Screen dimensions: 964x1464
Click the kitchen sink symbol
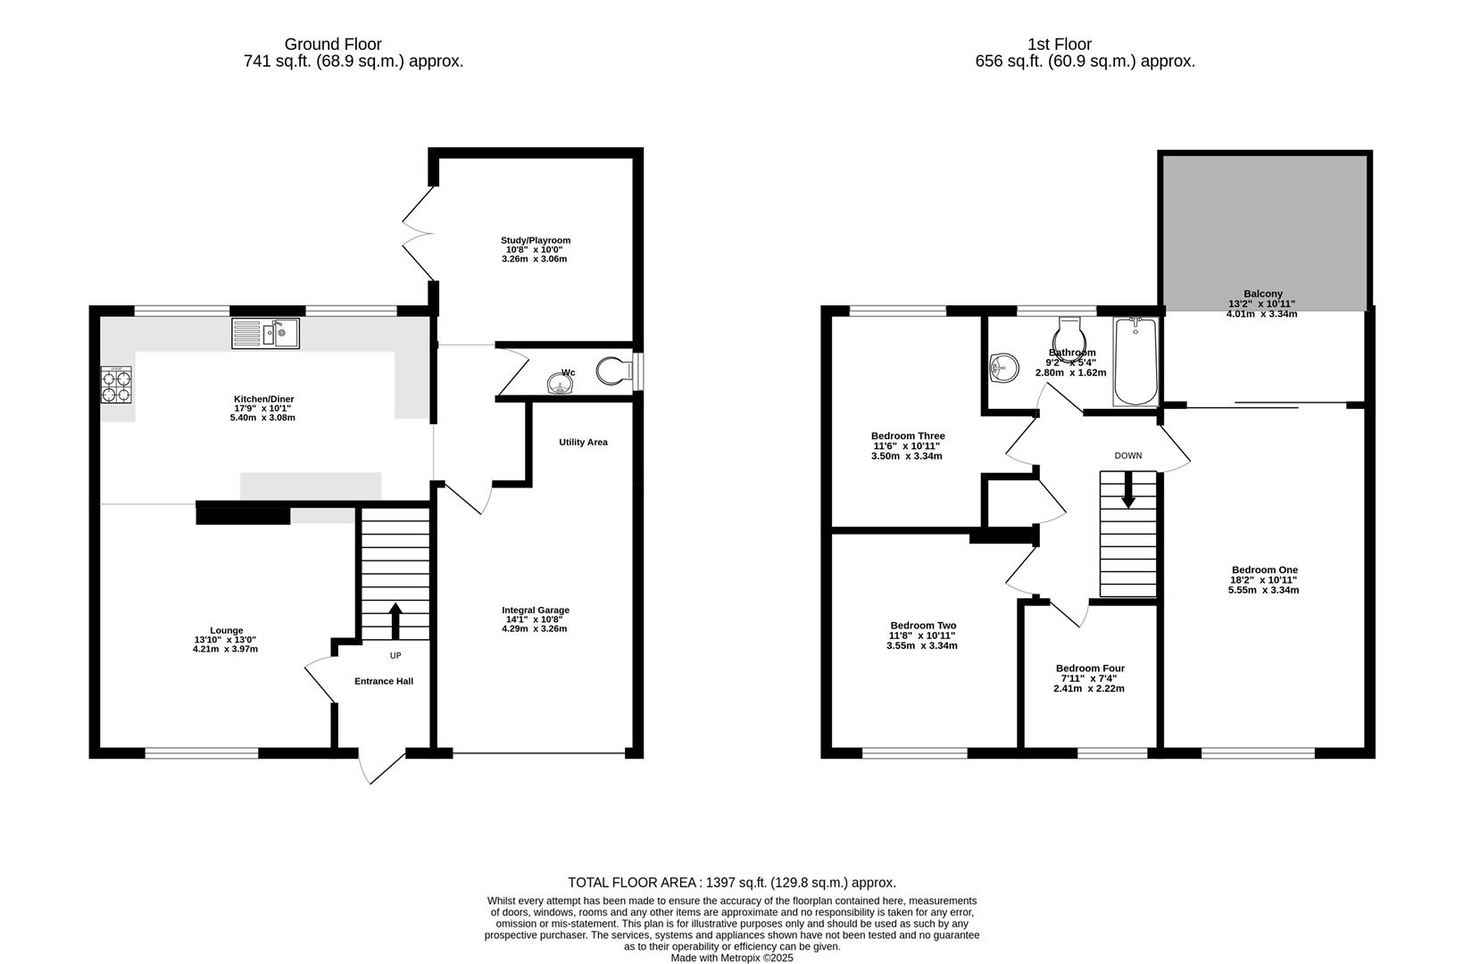[266, 333]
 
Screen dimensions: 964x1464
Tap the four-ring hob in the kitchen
[116, 385]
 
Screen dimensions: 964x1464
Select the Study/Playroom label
[535, 240]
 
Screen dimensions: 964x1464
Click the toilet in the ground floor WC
[613, 370]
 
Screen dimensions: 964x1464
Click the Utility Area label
[583, 442]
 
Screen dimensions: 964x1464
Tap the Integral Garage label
[535, 611]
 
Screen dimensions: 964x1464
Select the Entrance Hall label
[384, 681]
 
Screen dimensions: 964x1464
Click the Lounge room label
[226, 630]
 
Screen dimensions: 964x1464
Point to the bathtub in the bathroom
[1135, 361]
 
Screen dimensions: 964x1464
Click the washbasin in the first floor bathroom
[1005, 367]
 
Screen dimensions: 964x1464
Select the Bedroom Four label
[1090, 669]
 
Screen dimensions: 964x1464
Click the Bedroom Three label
[908, 436]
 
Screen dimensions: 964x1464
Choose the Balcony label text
[1262, 294]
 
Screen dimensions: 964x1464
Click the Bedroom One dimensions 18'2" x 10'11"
[1264, 580]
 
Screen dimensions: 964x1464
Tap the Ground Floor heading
[333, 44]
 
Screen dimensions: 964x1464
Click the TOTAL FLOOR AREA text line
[731, 883]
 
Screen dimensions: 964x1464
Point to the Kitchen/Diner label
[264, 399]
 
